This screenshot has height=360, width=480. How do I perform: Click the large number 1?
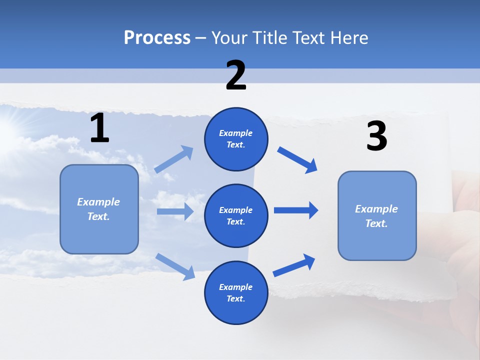[x=99, y=128]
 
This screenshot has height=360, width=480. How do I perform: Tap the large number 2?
[x=236, y=75]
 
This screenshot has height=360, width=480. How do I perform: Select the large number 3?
[x=376, y=136]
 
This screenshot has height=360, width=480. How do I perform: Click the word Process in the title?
[x=157, y=38]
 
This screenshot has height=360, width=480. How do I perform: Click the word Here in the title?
[x=348, y=38]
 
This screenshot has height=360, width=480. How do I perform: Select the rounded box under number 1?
[x=99, y=209]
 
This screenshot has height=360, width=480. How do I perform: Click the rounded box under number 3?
[x=377, y=215]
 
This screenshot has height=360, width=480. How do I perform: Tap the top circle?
[x=236, y=139]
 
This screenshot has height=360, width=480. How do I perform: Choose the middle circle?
[x=236, y=215]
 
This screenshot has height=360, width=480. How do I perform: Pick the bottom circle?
[x=236, y=292]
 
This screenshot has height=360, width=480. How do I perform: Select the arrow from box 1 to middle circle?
[x=175, y=211]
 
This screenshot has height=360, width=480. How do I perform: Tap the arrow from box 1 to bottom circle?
[x=175, y=266]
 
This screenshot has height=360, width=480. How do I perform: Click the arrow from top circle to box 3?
[x=297, y=160]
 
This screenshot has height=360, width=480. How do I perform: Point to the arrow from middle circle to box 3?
[x=296, y=210]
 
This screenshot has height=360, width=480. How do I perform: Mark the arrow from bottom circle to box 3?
[x=294, y=265]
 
